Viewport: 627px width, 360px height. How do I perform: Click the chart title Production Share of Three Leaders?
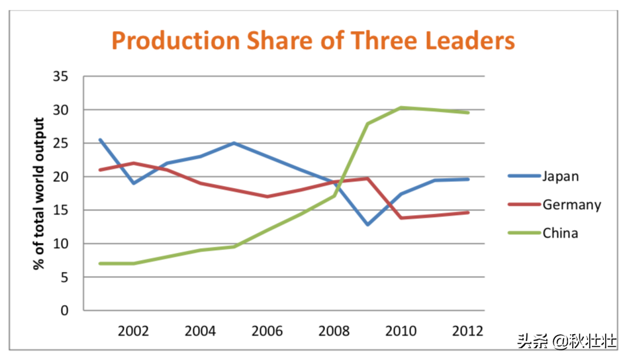tap(313, 41)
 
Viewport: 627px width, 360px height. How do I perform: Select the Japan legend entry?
tap(544, 176)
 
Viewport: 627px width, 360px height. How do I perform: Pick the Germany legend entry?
tap(555, 204)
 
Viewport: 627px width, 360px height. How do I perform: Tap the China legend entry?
tap(543, 233)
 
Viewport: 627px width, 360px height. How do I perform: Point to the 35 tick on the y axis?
tap(60, 76)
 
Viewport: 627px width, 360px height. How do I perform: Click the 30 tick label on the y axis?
tap(60, 109)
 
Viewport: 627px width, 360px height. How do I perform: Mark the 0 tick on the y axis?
tap(64, 310)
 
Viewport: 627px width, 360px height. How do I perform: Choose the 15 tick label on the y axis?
tap(60, 210)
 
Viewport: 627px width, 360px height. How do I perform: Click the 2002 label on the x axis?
tap(133, 331)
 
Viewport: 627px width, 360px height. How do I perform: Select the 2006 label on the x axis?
tap(267, 331)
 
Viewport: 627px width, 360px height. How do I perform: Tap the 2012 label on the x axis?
tap(467, 331)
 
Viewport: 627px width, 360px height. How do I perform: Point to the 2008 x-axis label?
tap(334, 331)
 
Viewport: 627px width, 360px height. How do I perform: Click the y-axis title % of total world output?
tap(38, 193)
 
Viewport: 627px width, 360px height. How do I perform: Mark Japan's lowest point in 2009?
tap(367, 224)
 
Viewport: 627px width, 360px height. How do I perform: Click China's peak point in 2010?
tap(401, 107)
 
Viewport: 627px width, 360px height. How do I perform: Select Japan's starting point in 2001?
tap(100, 140)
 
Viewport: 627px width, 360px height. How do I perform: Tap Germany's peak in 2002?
tap(133, 163)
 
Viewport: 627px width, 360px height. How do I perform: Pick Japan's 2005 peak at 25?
tap(234, 143)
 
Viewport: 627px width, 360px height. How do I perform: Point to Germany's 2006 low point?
tap(267, 197)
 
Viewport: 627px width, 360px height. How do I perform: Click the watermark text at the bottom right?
tap(567, 341)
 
